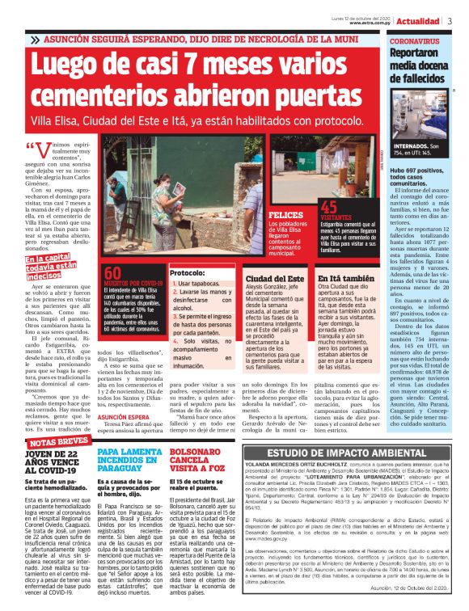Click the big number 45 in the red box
pyautogui.click(x=330, y=209)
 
